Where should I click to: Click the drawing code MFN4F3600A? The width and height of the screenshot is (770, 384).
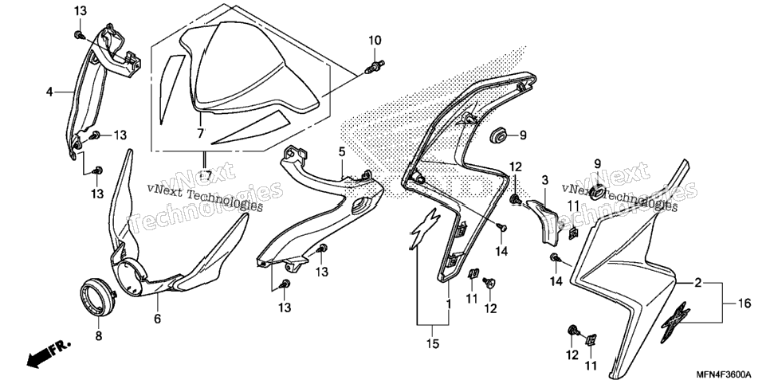pyautogui.click(x=722, y=374)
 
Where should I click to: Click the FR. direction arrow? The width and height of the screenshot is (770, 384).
pyautogui.click(x=48, y=353)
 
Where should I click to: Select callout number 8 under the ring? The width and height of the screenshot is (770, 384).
pyautogui.click(x=98, y=337)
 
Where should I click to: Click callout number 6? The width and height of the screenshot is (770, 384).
pyautogui.click(x=158, y=319)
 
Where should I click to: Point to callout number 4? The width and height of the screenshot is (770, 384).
pyautogui.click(x=49, y=92)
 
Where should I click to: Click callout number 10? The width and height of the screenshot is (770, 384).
pyautogui.click(x=375, y=41)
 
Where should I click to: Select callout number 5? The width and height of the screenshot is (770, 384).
pyautogui.click(x=342, y=152)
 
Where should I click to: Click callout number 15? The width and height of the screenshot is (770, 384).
pyautogui.click(x=432, y=344)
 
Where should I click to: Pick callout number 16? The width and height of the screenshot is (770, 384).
pyautogui.click(x=744, y=304)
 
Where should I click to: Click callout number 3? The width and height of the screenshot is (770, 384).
pyautogui.click(x=544, y=180)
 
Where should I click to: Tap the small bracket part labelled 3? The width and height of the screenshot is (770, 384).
pyautogui.click(x=543, y=221)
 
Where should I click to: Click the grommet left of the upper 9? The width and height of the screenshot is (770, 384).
pyautogui.click(x=498, y=135)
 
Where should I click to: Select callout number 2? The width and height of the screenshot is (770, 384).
pyautogui.click(x=697, y=284)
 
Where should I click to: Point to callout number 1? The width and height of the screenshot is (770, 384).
pyautogui.click(x=448, y=304)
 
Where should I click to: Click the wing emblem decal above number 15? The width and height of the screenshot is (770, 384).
pyautogui.click(x=422, y=229)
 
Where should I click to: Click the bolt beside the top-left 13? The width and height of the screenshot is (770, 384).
pyautogui.click(x=79, y=35)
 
